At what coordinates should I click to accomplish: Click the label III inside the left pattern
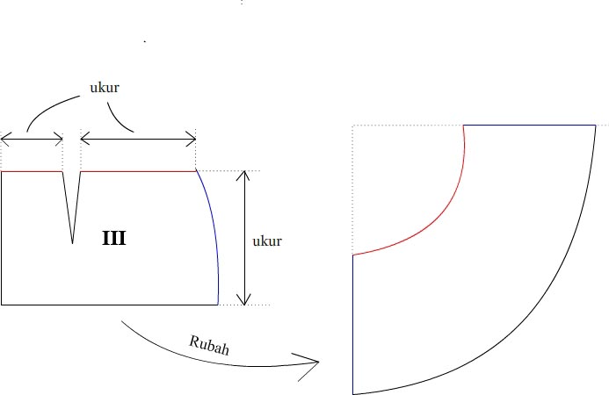(x=113, y=238)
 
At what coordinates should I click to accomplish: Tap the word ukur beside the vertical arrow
(x=266, y=241)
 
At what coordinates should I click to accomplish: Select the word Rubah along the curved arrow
(x=209, y=343)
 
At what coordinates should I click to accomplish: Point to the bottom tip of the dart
(x=72, y=243)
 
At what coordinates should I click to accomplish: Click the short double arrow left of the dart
(x=32, y=138)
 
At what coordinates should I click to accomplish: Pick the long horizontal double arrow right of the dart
(x=138, y=138)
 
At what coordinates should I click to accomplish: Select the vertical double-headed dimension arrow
(x=245, y=237)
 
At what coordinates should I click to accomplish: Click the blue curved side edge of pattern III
(x=212, y=228)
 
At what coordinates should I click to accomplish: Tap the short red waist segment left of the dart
(x=32, y=171)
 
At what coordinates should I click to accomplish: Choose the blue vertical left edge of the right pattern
(x=352, y=325)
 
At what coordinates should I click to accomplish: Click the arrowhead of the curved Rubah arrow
(x=313, y=361)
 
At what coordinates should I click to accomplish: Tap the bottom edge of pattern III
(x=110, y=305)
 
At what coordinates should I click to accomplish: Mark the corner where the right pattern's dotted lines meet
(x=352, y=126)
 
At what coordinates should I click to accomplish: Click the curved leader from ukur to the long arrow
(x=121, y=119)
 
